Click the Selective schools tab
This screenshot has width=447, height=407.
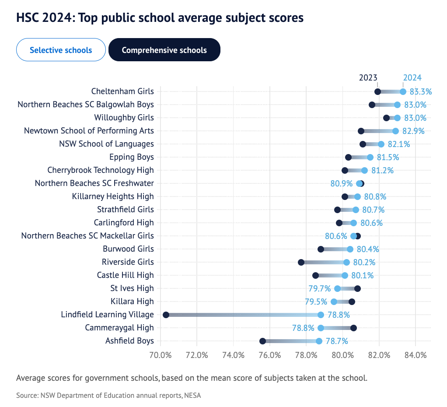pos(61,50)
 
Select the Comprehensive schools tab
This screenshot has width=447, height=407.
pos(164,50)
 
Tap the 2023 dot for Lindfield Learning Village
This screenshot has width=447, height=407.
pos(166,315)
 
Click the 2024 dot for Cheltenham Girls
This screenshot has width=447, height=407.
pos(403,91)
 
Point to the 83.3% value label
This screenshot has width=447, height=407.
pos(421,91)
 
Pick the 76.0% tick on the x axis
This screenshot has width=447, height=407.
pos(270,355)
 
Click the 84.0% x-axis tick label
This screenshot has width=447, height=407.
pos(416,355)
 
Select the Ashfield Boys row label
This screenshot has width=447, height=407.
pos(129,341)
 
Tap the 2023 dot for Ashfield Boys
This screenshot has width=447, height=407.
pos(262,341)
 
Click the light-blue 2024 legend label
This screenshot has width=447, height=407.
pos(412,78)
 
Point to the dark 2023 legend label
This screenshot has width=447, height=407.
pos(368,78)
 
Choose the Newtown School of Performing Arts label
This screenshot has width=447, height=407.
pos(89,131)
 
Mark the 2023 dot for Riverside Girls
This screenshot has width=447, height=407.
pos(301,262)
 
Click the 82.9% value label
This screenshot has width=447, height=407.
pos(413,131)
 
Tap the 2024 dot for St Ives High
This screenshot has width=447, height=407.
pos(337,288)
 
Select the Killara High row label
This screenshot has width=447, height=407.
pos(132,302)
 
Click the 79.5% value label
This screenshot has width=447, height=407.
pos(316,302)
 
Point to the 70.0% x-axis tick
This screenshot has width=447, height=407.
pos(161,355)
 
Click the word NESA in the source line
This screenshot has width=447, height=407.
pos(192,396)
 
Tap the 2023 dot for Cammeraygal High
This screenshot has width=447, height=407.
pos(353,328)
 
